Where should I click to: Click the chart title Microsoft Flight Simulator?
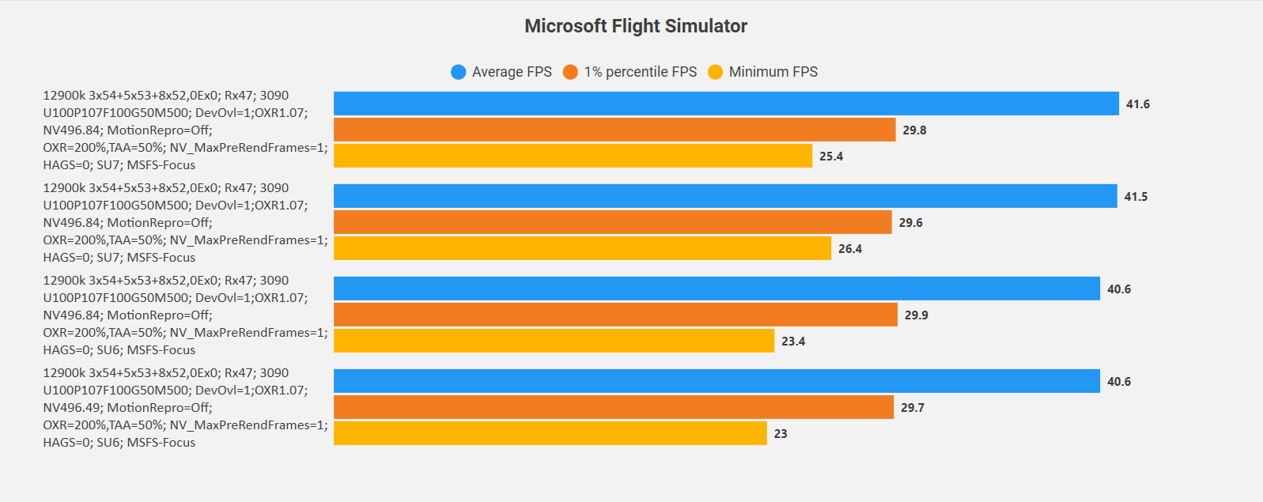point(636,26)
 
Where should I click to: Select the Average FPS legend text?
point(512,72)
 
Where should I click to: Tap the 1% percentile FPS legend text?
point(641,72)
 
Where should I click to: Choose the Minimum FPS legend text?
point(773,72)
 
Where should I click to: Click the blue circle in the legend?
point(459,72)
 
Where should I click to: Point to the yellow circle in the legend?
point(716,72)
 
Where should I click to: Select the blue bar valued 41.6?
point(726,104)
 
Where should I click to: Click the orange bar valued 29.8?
point(614,130)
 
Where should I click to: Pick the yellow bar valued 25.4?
point(573,156)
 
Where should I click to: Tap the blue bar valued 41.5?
point(725,196)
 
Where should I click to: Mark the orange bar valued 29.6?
point(612,222)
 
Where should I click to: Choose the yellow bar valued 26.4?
point(582,248)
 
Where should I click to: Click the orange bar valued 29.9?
point(615,315)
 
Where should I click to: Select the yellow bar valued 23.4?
point(554,341)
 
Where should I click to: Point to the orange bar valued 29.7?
point(614,407)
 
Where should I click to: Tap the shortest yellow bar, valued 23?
point(550,433)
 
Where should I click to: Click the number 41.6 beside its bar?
point(1138,104)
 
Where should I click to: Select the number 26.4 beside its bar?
point(850,249)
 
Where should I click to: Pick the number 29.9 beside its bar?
point(917,315)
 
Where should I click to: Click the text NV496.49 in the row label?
point(71,408)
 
